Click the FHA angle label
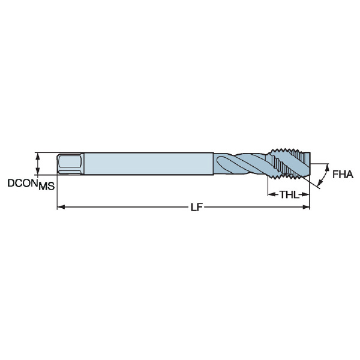343,175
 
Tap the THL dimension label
289,194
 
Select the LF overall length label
197,208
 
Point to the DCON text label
23,183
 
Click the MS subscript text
47,186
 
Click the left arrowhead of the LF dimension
61,207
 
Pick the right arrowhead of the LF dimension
306,207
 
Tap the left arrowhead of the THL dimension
272,194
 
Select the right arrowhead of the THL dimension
305,194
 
